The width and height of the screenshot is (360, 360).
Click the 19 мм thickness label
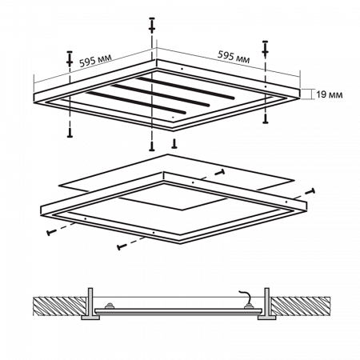(330, 94)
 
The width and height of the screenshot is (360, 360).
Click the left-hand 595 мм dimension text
(95, 61)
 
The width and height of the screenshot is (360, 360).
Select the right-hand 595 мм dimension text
(234, 57)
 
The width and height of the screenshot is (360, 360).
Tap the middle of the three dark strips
(161, 95)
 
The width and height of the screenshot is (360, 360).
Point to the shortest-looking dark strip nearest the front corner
(136, 102)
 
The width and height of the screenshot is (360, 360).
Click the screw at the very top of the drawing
(152, 26)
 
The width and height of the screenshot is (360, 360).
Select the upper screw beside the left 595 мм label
(70, 58)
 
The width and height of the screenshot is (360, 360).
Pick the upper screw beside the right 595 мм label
(265, 49)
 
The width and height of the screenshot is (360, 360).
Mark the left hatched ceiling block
(60, 306)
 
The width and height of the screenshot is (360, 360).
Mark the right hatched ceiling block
(301, 306)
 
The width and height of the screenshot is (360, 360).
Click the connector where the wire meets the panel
(249, 306)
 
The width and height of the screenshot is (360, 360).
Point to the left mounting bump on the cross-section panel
(109, 306)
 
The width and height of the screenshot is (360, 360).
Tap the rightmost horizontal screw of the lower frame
(311, 191)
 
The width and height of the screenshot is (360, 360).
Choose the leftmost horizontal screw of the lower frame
(50, 232)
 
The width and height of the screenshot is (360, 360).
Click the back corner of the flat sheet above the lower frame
(167, 154)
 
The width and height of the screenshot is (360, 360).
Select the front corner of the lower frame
(180, 242)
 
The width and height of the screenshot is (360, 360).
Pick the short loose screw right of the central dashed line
(174, 144)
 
